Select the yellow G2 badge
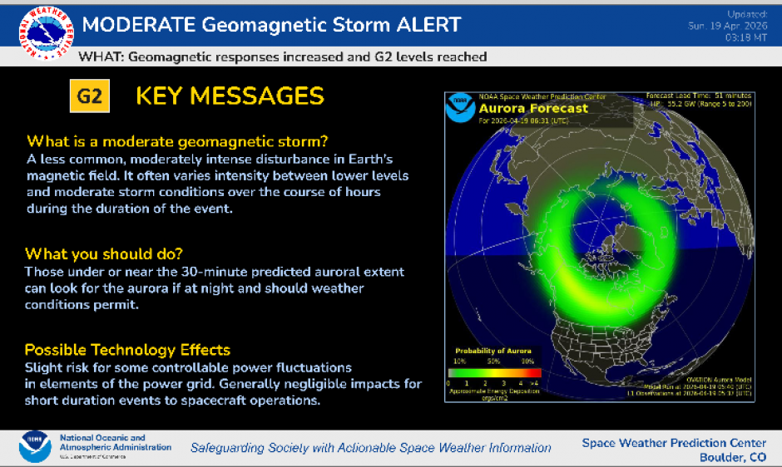coord(89,96)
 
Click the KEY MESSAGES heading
coord(230,96)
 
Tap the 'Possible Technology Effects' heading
coord(127,349)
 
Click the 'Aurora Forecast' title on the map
coord(533,108)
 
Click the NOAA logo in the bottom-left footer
coord(34,446)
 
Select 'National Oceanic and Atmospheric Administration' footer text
coord(114,442)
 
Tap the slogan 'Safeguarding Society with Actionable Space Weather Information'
coord(370,447)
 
